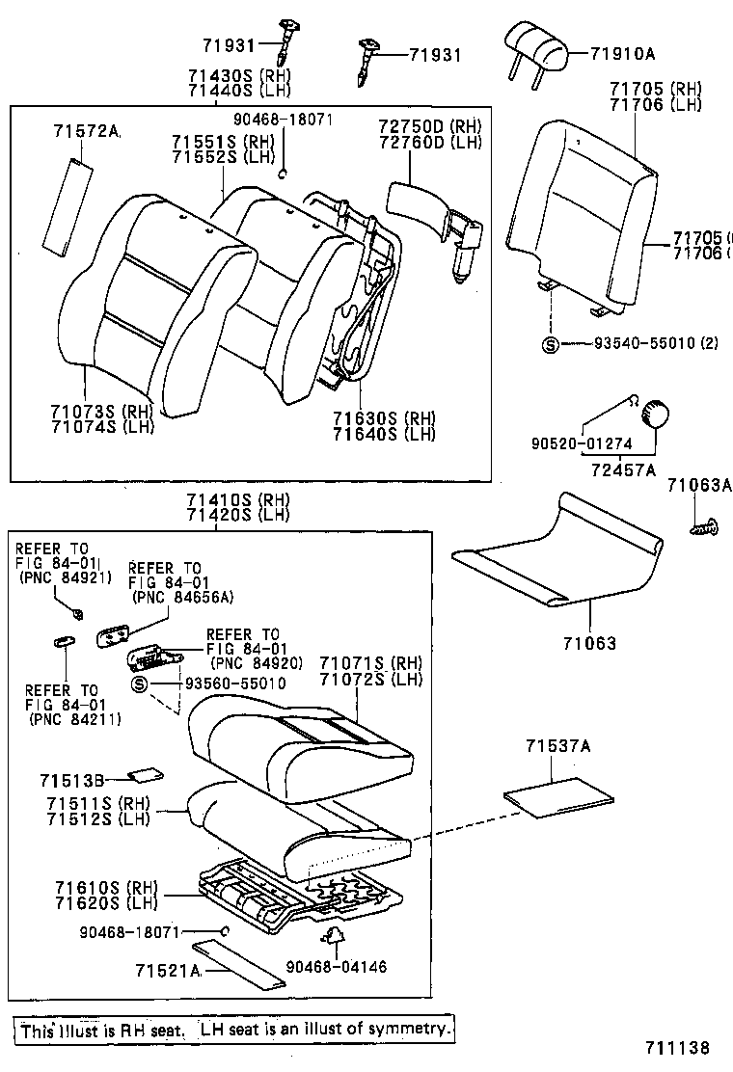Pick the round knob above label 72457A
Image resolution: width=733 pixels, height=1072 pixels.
[x=656, y=414]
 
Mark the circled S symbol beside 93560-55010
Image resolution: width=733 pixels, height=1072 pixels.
[x=139, y=683]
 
